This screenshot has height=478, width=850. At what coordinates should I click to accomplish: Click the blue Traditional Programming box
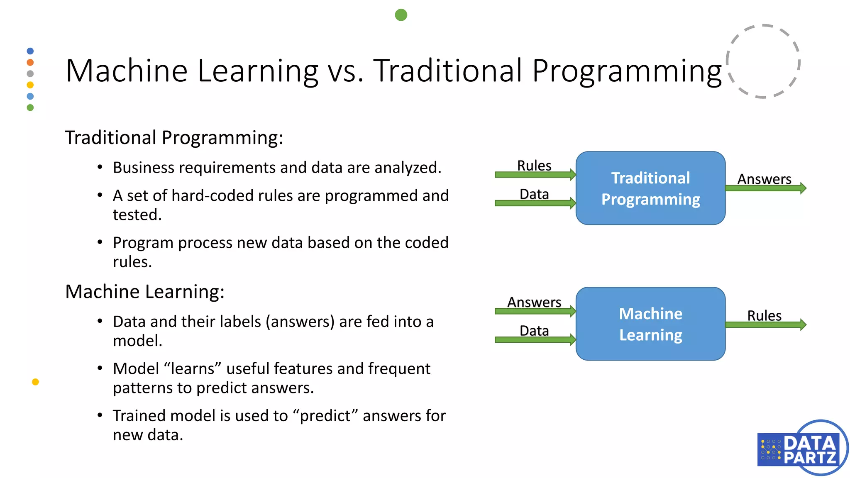(650, 188)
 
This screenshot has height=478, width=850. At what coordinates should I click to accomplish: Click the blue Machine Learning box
(650, 324)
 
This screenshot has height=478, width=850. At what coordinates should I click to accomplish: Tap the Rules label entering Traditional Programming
(534, 166)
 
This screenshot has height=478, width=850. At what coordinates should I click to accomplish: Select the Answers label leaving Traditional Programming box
(764, 179)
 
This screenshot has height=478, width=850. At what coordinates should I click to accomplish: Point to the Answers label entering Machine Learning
(534, 302)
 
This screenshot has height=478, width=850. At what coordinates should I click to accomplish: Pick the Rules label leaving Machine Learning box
(764, 315)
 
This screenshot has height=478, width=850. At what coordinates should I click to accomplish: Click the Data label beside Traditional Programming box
(534, 194)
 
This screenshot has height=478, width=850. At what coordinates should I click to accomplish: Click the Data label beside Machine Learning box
(534, 331)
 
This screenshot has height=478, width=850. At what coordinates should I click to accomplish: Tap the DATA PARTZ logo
(801, 448)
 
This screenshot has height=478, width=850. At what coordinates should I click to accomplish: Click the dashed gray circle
(763, 61)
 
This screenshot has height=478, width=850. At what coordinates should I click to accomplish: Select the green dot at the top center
(401, 15)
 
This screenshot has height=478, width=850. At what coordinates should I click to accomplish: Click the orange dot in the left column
(30, 62)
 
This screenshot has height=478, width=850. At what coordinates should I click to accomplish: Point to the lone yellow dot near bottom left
(35, 382)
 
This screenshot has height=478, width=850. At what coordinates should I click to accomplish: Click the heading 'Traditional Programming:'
(174, 137)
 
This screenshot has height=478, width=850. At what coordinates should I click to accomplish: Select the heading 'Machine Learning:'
(144, 291)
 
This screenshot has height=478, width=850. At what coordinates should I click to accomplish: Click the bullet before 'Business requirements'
(100, 167)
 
